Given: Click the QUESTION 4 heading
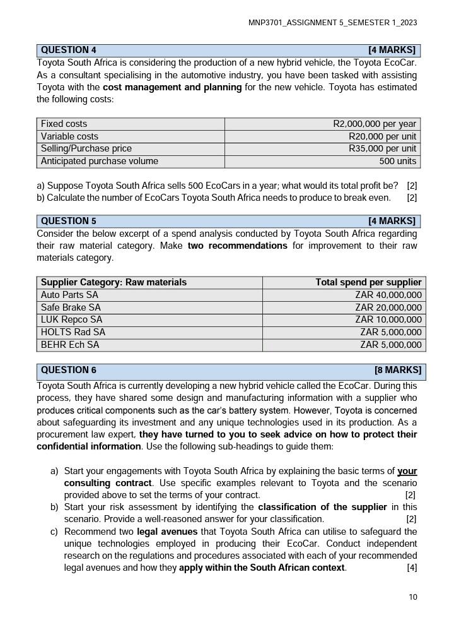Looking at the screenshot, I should [x=69, y=50].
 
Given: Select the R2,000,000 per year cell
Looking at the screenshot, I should [x=375, y=124].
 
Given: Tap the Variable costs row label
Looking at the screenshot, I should [x=69, y=136].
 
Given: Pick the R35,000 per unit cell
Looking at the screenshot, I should [x=382, y=148].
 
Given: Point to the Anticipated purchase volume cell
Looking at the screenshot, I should [x=100, y=161].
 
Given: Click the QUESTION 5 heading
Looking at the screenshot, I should [x=69, y=221].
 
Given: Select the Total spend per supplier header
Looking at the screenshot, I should [x=368, y=282].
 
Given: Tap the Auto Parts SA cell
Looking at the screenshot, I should [x=69, y=295].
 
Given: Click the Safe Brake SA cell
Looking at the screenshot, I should [x=71, y=307].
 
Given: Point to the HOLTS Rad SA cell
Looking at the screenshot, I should [x=73, y=332].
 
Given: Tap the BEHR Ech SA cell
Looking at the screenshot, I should [x=70, y=345].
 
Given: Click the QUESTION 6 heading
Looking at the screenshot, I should [x=69, y=370].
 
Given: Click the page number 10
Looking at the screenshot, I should [x=413, y=597].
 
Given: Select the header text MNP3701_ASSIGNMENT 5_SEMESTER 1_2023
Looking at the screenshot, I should [x=332, y=23].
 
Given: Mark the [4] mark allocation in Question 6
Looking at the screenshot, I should [x=412, y=568].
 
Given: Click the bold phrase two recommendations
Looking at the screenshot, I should [x=237, y=246].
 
